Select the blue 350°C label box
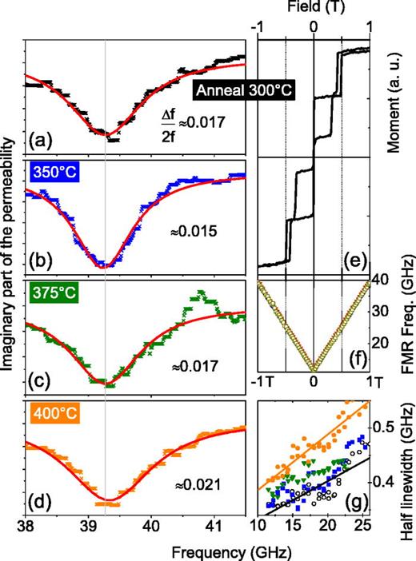click(x=50, y=169)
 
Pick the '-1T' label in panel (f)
click(x=266, y=381)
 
